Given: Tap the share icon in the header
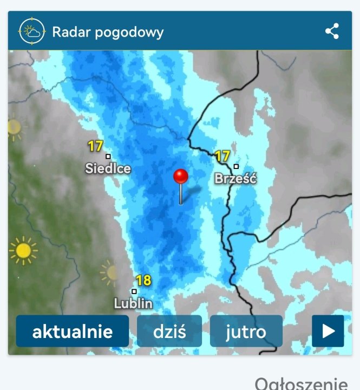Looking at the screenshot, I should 332,31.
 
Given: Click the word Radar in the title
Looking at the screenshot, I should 70,32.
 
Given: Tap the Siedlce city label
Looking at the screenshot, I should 108,168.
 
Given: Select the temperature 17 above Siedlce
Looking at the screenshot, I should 95,146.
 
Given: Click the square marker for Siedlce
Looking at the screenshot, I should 108,157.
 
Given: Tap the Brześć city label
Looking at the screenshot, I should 235,178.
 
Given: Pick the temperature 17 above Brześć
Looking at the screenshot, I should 222,157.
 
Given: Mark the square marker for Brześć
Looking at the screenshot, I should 236,166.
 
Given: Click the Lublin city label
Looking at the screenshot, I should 133,303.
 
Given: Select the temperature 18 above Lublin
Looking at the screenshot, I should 143,281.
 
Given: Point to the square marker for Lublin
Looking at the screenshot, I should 134,291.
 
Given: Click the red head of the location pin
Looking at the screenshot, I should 180,177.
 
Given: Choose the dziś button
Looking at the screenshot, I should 169,331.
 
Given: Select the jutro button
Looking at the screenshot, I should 246,331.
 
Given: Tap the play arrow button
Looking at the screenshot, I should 328,331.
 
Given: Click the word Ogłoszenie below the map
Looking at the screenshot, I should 301,383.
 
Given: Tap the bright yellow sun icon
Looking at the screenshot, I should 23,251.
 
